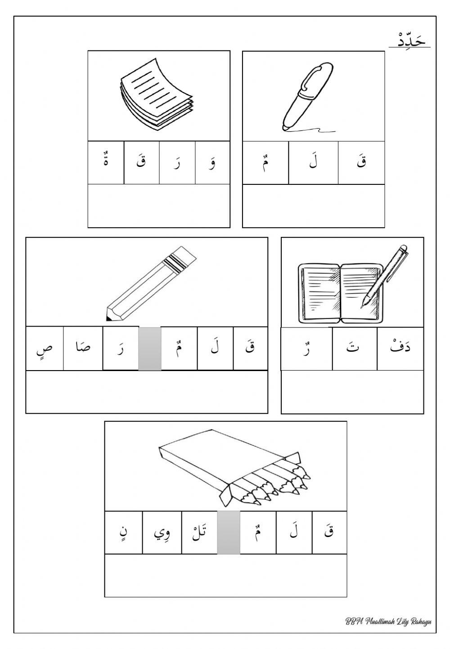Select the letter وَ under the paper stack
point(212,163)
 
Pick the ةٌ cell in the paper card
point(106,163)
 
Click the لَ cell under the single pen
point(313,163)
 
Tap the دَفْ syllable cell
point(400,349)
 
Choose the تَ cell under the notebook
point(355,349)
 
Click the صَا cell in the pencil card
point(83,349)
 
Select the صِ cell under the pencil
point(45,349)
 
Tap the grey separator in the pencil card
point(149,349)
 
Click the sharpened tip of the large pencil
point(109,315)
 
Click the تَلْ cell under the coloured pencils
point(199,533)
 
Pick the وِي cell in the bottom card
point(162,533)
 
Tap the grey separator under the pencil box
point(229,533)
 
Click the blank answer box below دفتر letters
point(352,391)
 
